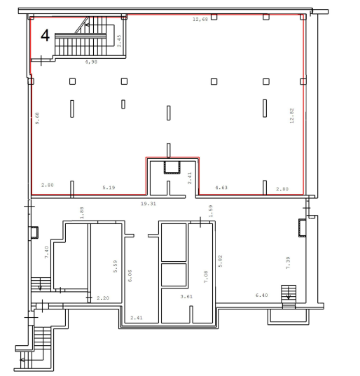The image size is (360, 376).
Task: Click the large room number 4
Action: coord(46,36)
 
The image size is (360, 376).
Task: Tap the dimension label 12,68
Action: coord(200,19)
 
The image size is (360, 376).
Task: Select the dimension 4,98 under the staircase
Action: coord(91,62)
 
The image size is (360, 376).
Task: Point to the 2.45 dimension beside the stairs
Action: coord(119,41)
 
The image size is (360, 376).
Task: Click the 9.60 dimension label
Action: coord(37,118)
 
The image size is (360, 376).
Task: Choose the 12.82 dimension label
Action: coord(291,116)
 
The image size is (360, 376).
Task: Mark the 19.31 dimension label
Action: coord(148,204)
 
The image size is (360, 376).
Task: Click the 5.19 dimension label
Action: coord(109,188)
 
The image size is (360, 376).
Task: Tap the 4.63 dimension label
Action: coord(221,188)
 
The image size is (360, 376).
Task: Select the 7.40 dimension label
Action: coord(46,252)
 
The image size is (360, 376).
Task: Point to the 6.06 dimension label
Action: coord(130,276)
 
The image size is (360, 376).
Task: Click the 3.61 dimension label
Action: coord(186,297)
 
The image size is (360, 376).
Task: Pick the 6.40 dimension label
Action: coord(262,295)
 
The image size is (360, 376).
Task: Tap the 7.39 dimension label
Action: coord(289,263)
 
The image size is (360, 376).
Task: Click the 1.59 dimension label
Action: coord(211,211)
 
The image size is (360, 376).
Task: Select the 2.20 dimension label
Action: coord(103,298)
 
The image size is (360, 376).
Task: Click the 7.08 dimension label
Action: coord(206,277)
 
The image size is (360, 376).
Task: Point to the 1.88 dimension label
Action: coord(81,213)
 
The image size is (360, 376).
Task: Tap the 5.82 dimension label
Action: coord(221,261)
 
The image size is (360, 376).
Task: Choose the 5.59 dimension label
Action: coord(116,266)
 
